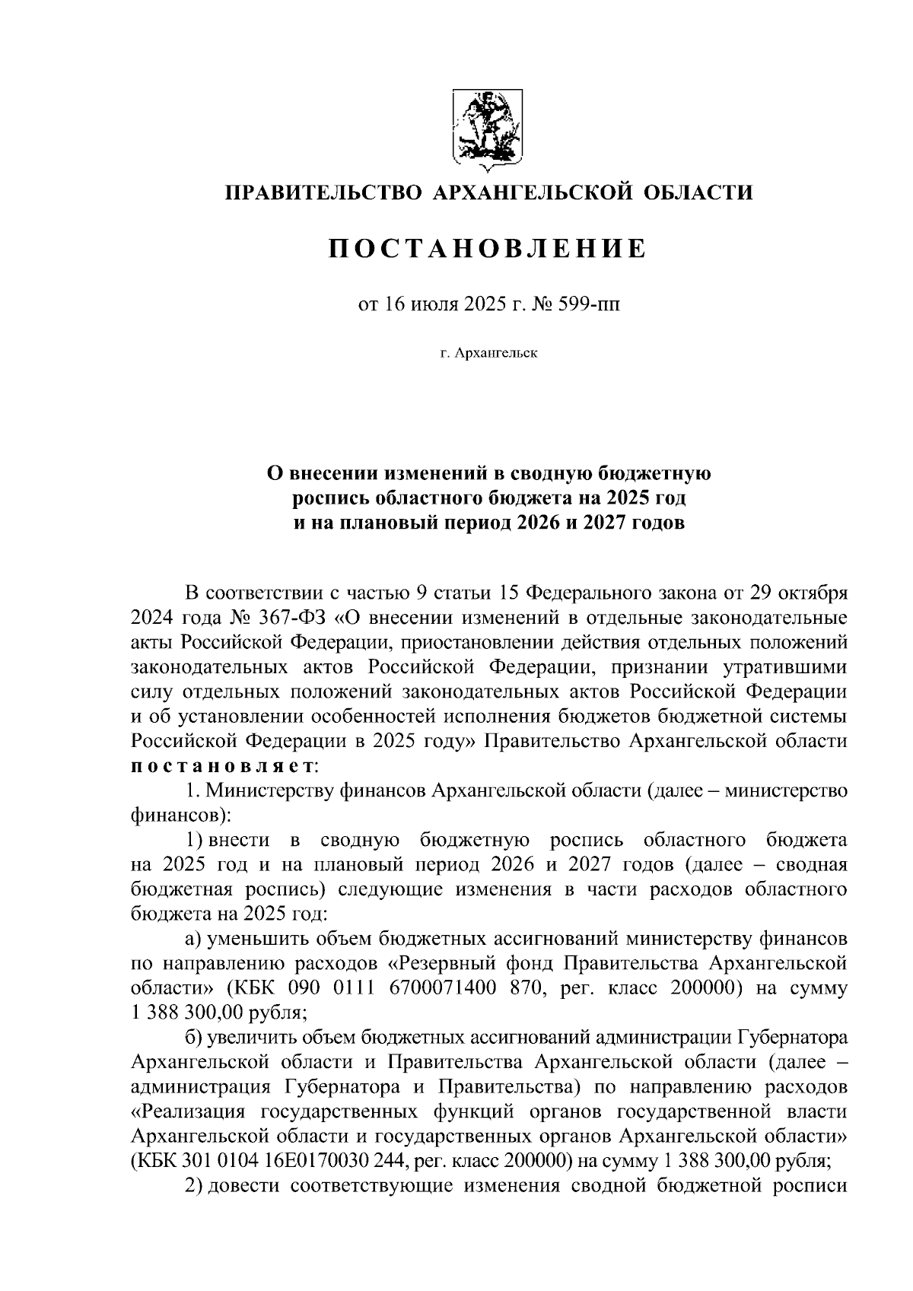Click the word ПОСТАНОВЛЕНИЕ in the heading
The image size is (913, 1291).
(488, 248)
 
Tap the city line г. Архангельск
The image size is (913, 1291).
(488, 353)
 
